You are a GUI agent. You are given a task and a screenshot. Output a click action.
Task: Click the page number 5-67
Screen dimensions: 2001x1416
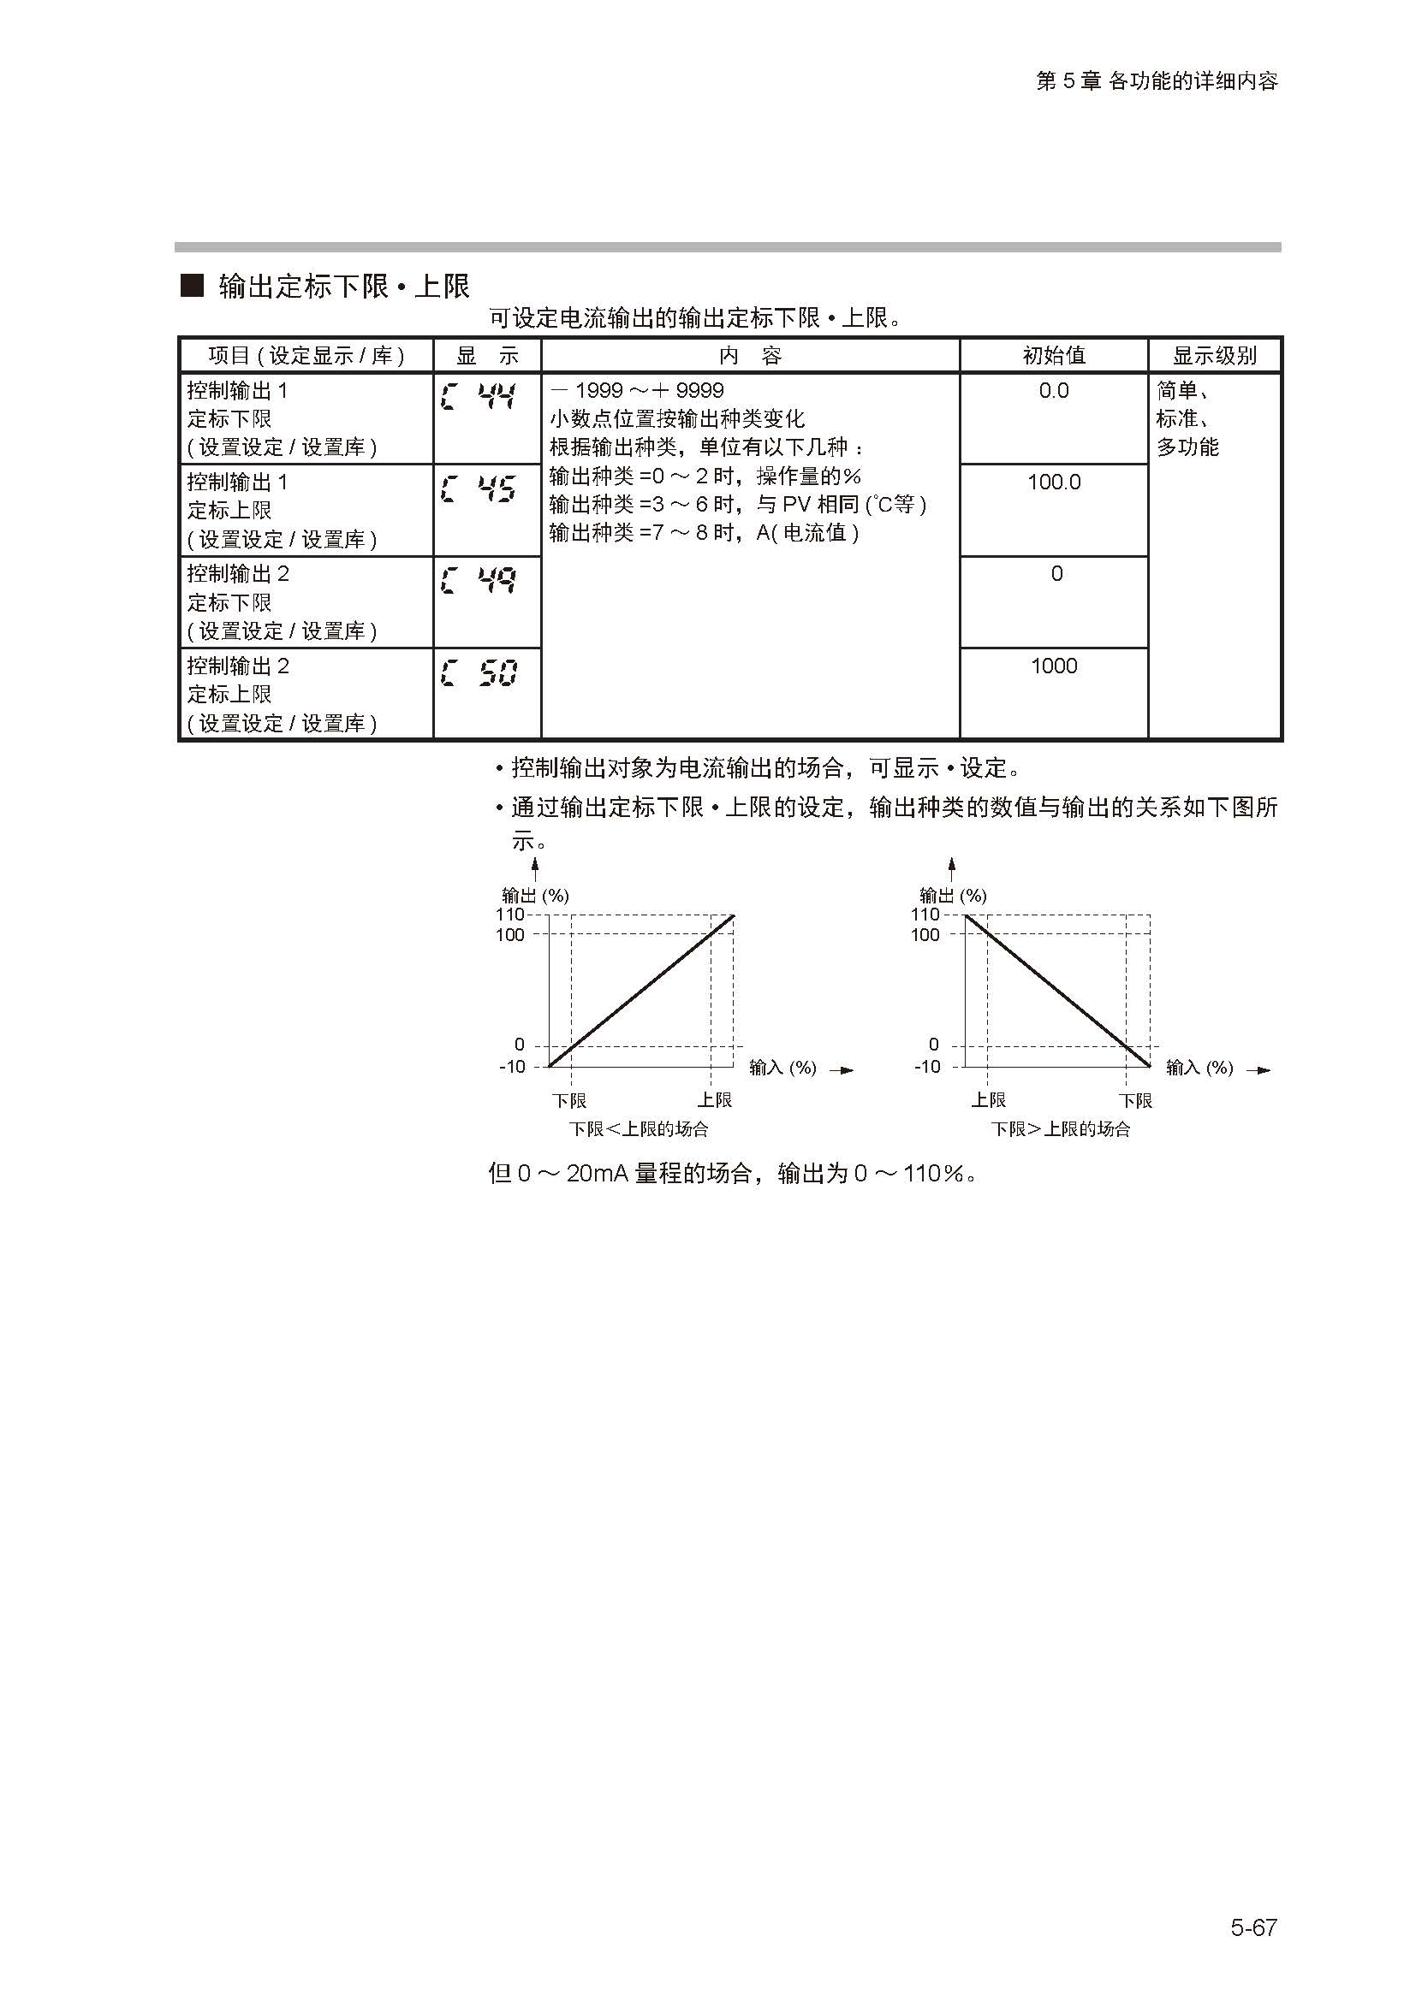pyautogui.click(x=1253, y=1927)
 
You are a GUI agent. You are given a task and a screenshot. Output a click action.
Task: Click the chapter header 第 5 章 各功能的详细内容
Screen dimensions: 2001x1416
pyautogui.click(x=1156, y=81)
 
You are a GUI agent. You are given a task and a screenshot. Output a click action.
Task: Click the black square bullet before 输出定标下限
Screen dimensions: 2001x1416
pyautogui.click(x=192, y=285)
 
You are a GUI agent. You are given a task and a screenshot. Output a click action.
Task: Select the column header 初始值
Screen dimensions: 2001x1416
pyautogui.click(x=1053, y=356)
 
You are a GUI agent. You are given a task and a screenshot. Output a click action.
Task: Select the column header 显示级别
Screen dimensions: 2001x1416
pyautogui.click(x=1214, y=356)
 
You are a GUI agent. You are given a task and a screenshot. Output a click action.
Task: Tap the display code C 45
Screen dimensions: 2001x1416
pyautogui.click(x=479, y=489)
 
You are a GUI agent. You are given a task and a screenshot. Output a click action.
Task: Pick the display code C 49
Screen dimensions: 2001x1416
pyautogui.click(x=479, y=580)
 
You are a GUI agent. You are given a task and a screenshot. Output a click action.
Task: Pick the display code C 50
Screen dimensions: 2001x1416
pyautogui.click(x=479, y=672)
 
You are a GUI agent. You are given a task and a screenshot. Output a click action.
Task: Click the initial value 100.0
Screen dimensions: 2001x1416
pyautogui.click(x=1053, y=482)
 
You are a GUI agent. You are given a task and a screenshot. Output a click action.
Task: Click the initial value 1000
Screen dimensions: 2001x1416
pyautogui.click(x=1053, y=666)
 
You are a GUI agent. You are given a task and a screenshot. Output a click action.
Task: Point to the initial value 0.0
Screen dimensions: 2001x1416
pyautogui.click(x=1053, y=390)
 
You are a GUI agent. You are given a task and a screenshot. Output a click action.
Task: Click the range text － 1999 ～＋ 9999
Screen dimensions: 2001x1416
pyautogui.click(x=638, y=390)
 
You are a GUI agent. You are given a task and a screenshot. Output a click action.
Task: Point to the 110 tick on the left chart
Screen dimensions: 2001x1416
pyautogui.click(x=510, y=915)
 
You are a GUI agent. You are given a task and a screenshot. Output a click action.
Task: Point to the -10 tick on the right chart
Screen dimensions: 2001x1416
pyautogui.click(x=927, y=1067)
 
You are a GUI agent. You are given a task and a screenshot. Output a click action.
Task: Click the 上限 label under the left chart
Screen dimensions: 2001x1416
pyautogui.click(x=714, y=1100)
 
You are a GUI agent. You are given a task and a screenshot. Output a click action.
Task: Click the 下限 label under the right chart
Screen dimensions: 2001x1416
pyautogui.click(x=1135, y=1101)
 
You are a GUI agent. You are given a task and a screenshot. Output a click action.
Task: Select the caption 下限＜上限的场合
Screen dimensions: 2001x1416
pyautogui.click(x=639, y=1129)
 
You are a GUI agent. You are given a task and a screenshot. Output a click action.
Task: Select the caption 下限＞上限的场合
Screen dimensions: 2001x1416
pyautogui.click(x=1060, y=1129)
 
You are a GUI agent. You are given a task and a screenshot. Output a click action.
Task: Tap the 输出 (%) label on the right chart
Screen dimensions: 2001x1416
pyautogui.click(x=953, y=895)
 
